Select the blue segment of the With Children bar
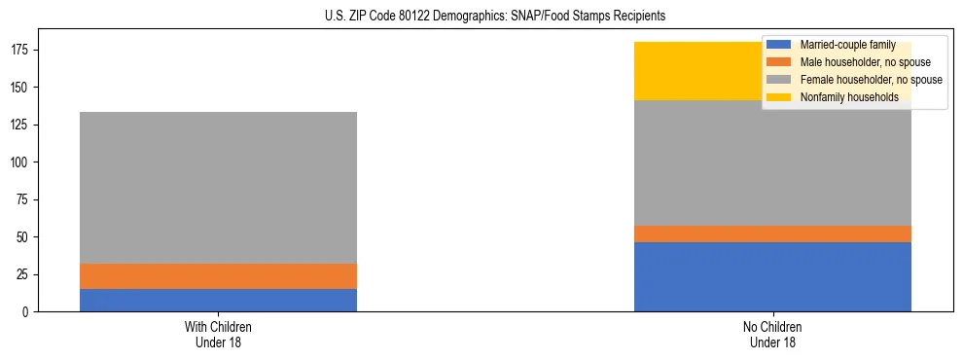pos(218,300)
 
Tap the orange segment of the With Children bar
pos(218,276)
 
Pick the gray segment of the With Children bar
pos(218,188)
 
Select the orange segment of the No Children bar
pos(772,234)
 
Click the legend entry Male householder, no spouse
pos(858,62)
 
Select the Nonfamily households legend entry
pos(848,97)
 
